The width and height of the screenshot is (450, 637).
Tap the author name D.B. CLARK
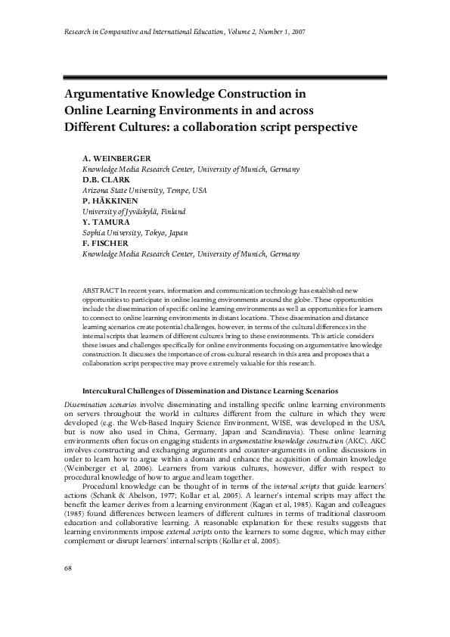[105, 181]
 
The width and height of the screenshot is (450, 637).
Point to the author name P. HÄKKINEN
[111, 202]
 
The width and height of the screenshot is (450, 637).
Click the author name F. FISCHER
[106, 244]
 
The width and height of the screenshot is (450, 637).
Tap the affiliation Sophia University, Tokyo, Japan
[135, 234]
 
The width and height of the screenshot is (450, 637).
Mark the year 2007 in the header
[297, 33]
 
